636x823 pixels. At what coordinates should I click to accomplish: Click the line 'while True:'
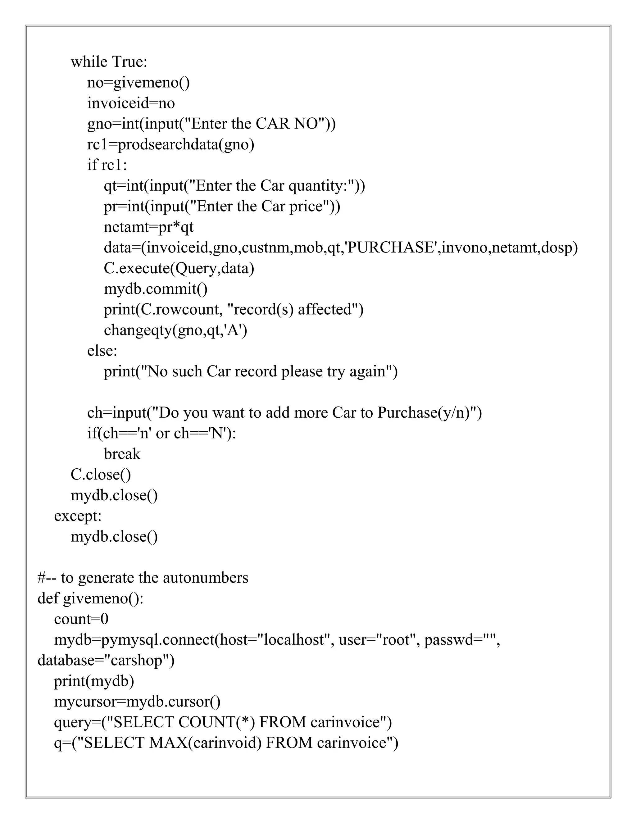click(x=109, y=62)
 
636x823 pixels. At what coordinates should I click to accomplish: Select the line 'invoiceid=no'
click(x=131, y=103)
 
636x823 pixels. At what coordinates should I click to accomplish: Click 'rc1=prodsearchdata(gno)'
click(x=171, y=144)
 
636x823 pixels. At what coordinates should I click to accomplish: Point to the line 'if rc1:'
click(x=107, y=165)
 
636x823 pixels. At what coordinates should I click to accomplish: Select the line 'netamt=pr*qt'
click(x=148, y=227)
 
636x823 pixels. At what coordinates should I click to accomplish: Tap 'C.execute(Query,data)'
click(x=179, y=268)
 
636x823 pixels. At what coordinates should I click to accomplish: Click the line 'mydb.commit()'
click(x=156, y=289)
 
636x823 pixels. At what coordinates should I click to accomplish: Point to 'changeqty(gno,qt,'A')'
click(x=175, y=330)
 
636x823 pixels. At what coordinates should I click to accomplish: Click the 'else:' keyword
click(x=102, y=351)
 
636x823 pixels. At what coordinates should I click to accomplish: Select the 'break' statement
click(x=122, y=454)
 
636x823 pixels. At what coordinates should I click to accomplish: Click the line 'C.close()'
click(x=101, y=475)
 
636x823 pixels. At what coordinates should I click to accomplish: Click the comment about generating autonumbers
click(x=143, y=578)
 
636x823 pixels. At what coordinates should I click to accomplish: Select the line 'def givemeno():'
click(x=90, y=598)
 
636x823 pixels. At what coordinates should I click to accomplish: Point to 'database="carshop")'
click(x=106, y=660)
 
